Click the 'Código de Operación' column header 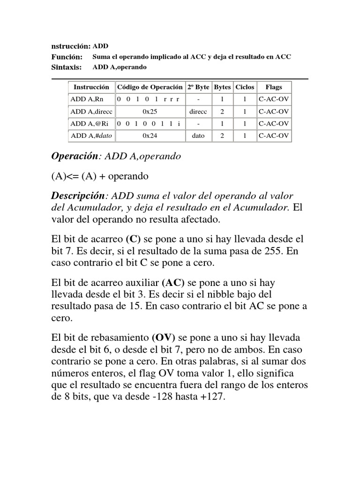click(x=150, y=87)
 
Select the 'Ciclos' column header click(x=245, y=87)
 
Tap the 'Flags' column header click(x=273, y=87)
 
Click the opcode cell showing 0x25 click(x=150, y=112)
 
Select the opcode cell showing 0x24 click(x=150, y=136)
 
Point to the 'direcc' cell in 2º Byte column click(x=198, y=112)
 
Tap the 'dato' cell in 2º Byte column click(x=198, y=136)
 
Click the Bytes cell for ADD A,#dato click(x=222, y=136)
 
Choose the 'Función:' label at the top click(x=67, y=57)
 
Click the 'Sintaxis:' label click(x=66, y=67)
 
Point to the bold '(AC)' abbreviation click(x=173, y=283)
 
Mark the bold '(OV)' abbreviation click(x=163, y=338)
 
